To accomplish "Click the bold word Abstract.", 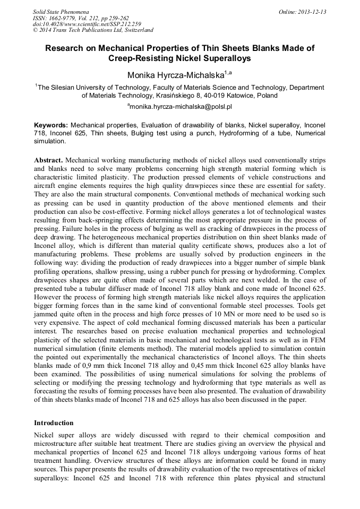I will tap(48, 160).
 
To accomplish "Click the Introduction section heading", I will tap(54, 423).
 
